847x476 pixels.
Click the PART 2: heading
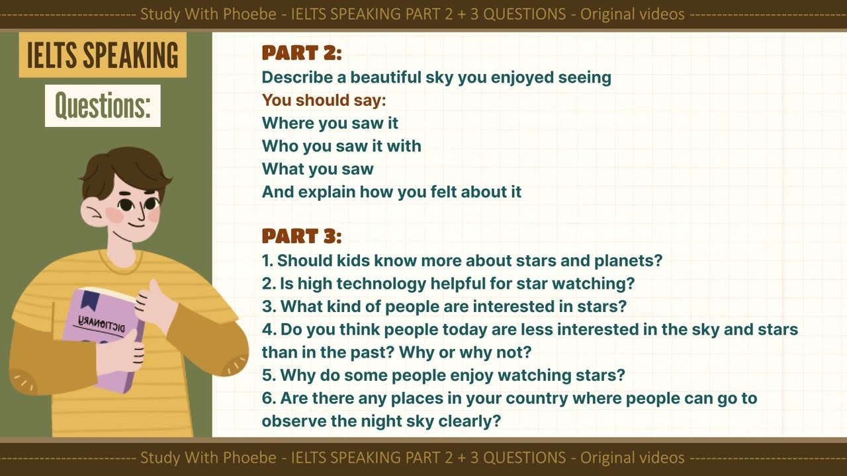(x=302, y=53)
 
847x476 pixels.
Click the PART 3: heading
(x=302, y=236)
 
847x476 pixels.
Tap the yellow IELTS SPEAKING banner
(x=103, y=55)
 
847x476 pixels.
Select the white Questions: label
(x=103, y=106)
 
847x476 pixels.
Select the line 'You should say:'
(x=324, y=100)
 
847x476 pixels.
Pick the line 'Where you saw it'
(x=330, y=123)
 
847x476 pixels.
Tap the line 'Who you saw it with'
(x=341, y=146)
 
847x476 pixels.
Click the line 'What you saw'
(x=318, y=169)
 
